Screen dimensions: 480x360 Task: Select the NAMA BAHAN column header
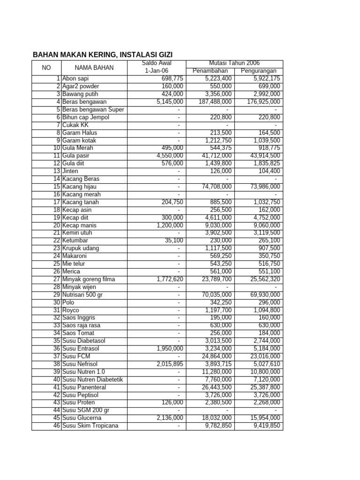[x=94, y=67]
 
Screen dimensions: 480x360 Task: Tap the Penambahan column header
[x=210, y=71]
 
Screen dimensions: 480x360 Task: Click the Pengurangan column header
[x=258, y=71]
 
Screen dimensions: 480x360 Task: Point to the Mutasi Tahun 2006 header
[x=234, y=63]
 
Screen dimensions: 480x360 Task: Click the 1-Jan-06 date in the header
[x=157, y=71]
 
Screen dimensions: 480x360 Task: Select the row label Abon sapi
[x=75, y=79]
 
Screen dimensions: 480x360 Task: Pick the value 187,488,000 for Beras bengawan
[x=212, y=102]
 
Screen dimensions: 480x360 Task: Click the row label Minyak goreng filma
[x=89, y=279]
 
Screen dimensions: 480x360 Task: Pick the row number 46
[x=57, y=426]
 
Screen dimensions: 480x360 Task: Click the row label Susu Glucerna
[x=82, y=418]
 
